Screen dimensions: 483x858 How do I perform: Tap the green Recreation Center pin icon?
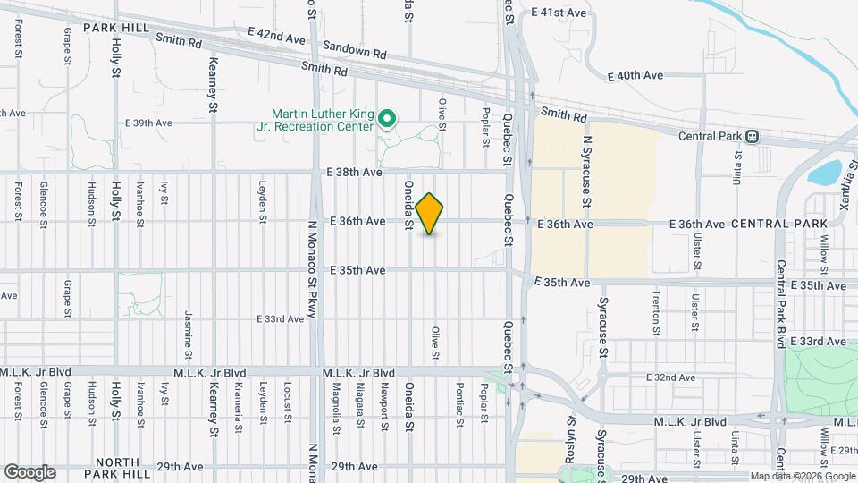coord(387,117)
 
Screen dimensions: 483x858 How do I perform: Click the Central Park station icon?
coord(753,136)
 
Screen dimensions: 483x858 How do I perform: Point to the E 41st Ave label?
coord(558,13)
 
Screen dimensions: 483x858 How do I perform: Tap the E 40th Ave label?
coord(635,76)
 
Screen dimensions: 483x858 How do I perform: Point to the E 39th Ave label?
coord(148,123)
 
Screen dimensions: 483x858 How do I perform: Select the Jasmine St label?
coord(189,328)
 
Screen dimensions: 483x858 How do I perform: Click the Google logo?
coord(29,472)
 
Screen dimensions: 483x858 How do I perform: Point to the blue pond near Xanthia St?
coord(828,172)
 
